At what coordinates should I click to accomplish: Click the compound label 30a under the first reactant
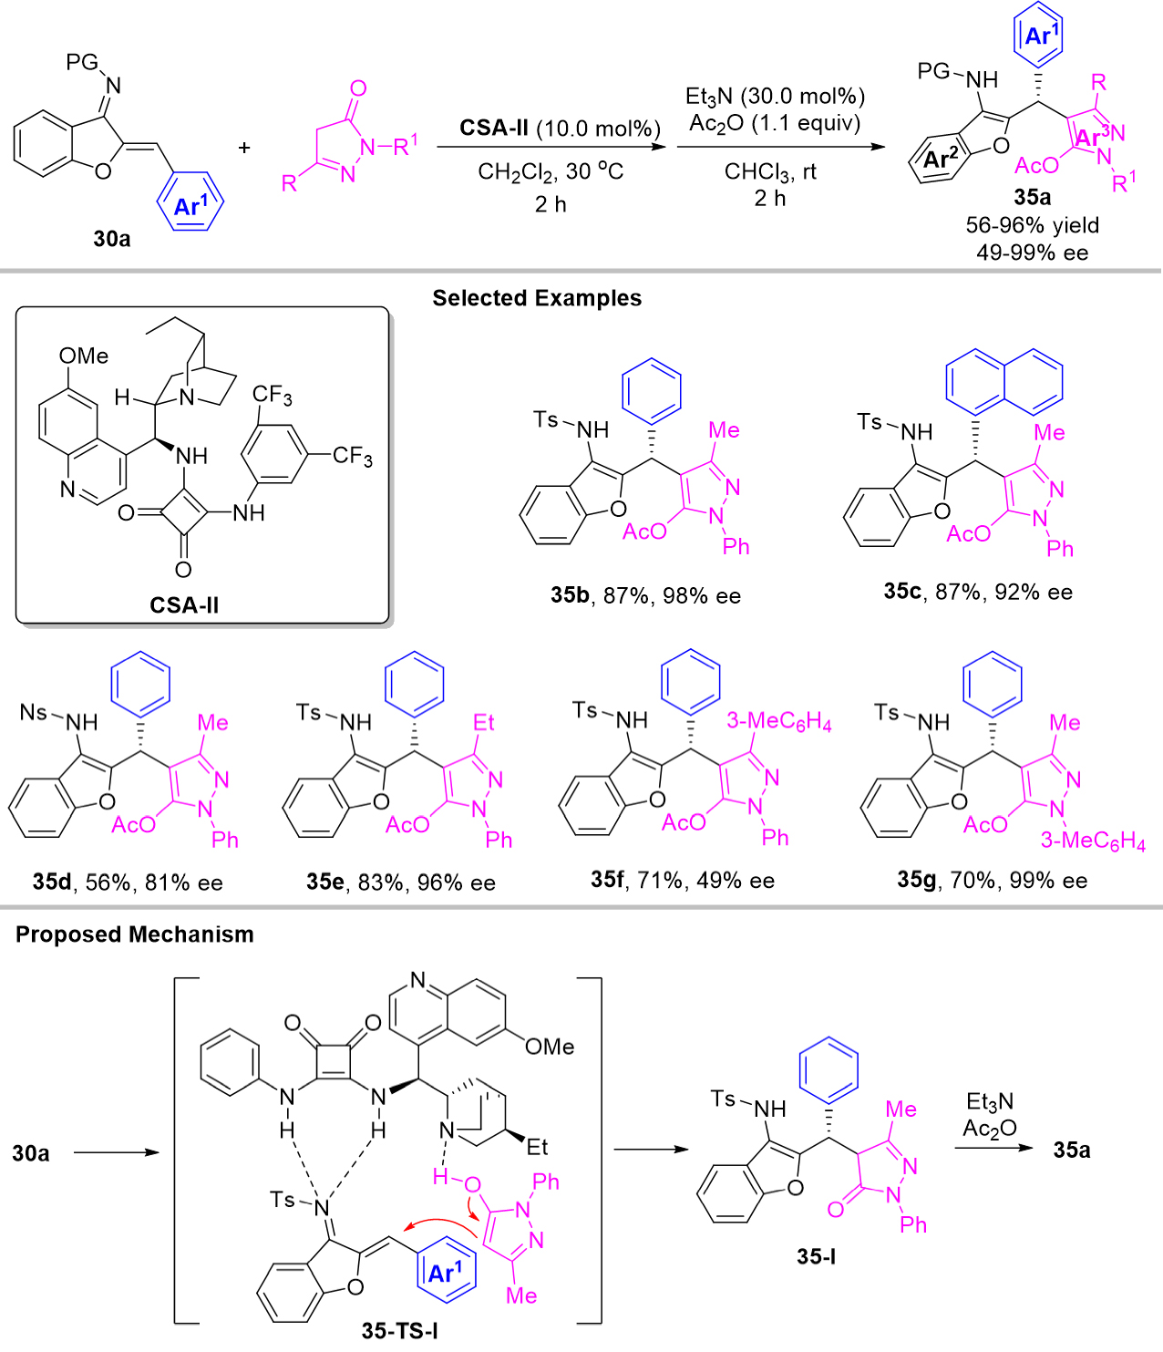click(x=111, y=239)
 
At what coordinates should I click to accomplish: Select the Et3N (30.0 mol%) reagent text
click(x=775, y=97)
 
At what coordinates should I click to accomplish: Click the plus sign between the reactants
click(x=244, y=147)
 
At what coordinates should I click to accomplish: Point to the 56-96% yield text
click(x=1032, y=225)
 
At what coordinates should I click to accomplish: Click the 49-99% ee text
click(x=1032, y=253)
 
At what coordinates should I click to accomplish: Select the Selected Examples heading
click(x=537, y=298)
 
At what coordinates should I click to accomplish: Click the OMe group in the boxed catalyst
click(x=83, y=356)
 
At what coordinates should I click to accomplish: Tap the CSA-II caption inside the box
click(x=184, y=604)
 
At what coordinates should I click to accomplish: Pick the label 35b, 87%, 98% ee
click(x=645, y=595)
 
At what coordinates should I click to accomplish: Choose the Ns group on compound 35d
click(x=34, y=711)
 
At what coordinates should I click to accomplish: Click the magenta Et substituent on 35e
click(x=483, y=723)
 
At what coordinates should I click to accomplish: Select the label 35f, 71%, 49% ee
click(x=682, y=880)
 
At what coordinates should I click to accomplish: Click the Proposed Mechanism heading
click(x=135, y=934)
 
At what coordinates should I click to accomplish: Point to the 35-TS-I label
click(x=399, y=1330)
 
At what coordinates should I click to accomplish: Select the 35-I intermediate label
click(x=816, y=1256)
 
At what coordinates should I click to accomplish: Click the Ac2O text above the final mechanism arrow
click(x=989, y=1129)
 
